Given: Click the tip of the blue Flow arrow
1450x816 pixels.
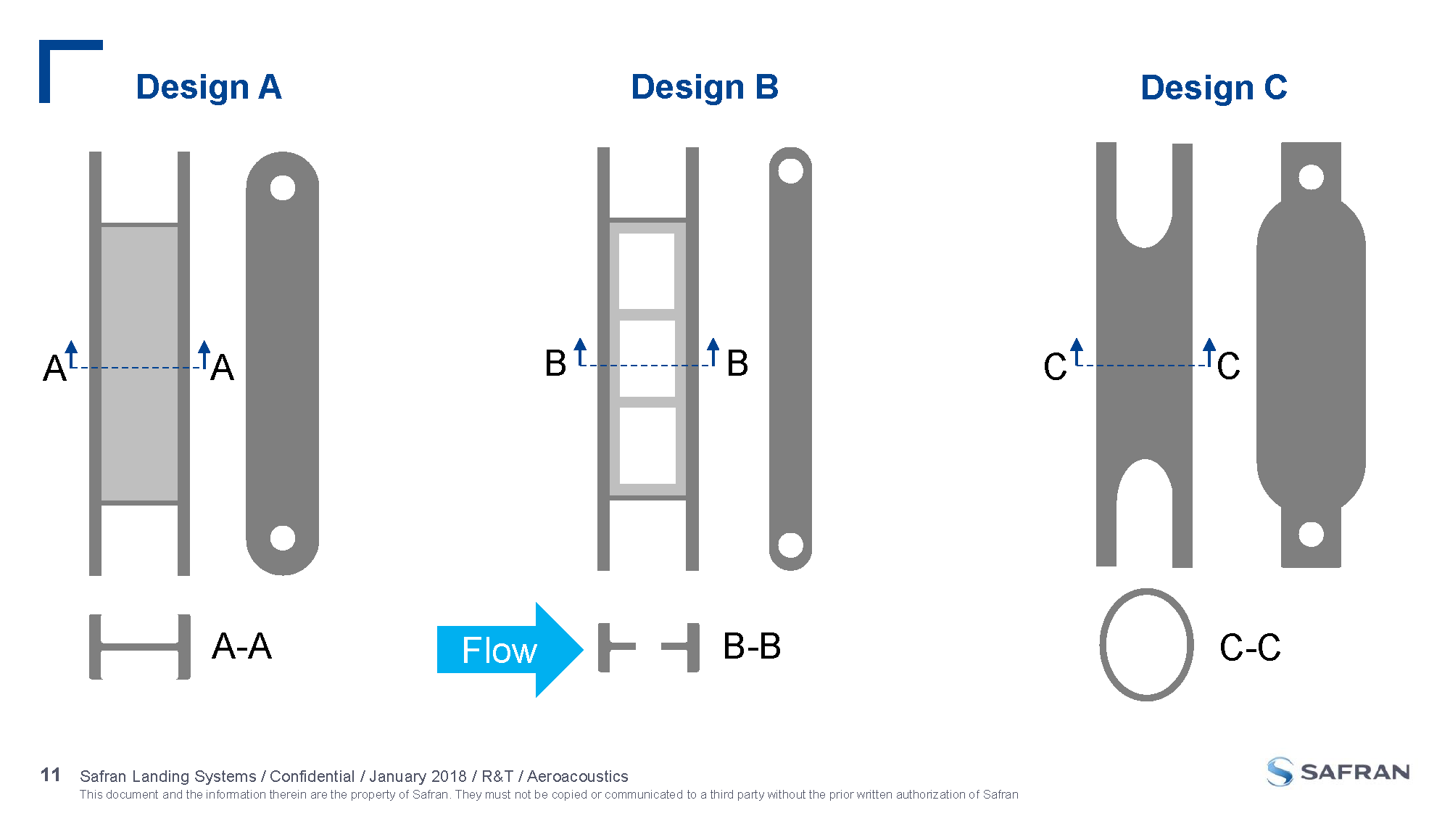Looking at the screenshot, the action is click(583, 649).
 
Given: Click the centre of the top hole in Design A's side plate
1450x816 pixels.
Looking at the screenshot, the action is click(283, 188).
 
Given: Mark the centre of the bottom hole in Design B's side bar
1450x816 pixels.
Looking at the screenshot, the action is click(790, 545).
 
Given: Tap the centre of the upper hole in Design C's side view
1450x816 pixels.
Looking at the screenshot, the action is click(1311, 177).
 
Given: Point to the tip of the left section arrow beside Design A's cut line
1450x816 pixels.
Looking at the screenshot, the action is click(71, 340).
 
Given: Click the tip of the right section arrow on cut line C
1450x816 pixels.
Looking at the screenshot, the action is click(1209, 338).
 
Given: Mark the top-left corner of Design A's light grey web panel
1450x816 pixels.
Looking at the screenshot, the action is click(101, 227).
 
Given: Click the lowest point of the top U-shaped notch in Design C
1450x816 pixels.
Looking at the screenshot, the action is click(1144, 247).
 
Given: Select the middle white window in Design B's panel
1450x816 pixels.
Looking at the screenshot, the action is click(647, 358).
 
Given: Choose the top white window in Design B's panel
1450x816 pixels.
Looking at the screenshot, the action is click(647, 271).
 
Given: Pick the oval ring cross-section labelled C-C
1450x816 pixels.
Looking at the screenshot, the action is click(1146, 645).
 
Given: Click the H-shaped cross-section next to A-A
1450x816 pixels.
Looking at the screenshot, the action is click(140, 646).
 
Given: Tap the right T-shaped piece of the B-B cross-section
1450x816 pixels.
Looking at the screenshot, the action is click(681, 647).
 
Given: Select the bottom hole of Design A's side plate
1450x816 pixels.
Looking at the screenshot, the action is click(283, 538).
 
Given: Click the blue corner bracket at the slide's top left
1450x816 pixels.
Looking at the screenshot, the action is click(71, 71).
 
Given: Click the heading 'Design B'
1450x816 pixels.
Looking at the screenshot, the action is click(705, 87).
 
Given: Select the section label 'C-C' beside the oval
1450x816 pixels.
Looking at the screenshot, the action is click(1250, 647).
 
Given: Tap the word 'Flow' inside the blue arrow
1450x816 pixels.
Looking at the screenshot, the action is click(500, 650).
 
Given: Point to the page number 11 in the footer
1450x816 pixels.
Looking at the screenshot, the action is click(51, 775).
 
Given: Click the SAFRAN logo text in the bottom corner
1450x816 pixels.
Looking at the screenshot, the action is click(1355, 772).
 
